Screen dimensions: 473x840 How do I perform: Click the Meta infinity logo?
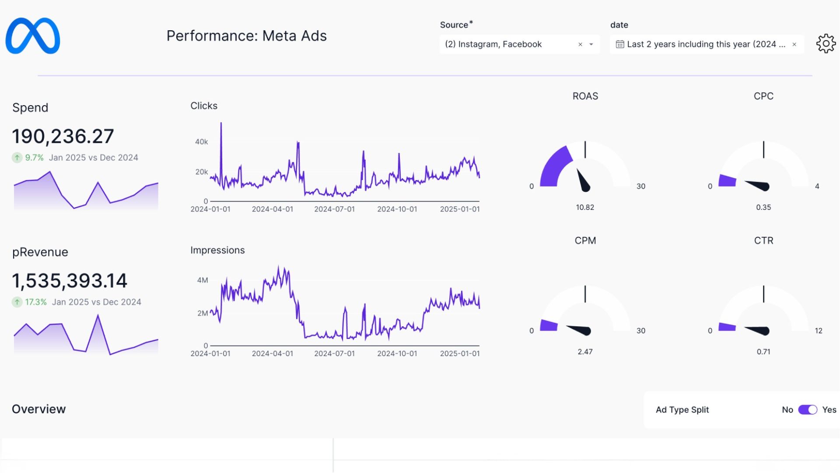(33, 36)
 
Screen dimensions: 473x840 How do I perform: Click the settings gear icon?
(826, 44)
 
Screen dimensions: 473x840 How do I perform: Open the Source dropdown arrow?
(591, 44)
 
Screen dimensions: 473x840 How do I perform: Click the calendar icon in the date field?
(619, 44)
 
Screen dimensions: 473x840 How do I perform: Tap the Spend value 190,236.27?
(63, 136)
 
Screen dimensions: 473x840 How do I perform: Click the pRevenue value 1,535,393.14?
(70, 281)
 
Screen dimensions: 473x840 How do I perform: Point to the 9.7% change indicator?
(34, 158)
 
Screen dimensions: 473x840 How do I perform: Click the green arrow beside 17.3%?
(17, 302)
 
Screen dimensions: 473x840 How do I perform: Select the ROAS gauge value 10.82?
(585, 207)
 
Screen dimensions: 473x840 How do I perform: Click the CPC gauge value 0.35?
(763, 207)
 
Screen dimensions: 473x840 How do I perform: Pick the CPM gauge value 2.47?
(585, 352)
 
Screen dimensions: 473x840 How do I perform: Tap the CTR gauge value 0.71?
(763, 352)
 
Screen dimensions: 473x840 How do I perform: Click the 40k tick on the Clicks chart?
(201, 142)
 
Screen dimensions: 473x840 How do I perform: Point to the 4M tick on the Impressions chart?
(203, 280)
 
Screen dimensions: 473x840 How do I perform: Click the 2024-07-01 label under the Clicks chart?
(334, 209)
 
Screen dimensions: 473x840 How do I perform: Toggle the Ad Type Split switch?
(808, 409)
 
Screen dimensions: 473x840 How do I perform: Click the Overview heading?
(39, 409)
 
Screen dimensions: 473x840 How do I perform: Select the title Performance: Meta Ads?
(246, 36)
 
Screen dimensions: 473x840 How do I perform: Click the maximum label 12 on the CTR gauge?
(819, 331)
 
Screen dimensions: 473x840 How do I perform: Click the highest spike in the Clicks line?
(221, 124)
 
